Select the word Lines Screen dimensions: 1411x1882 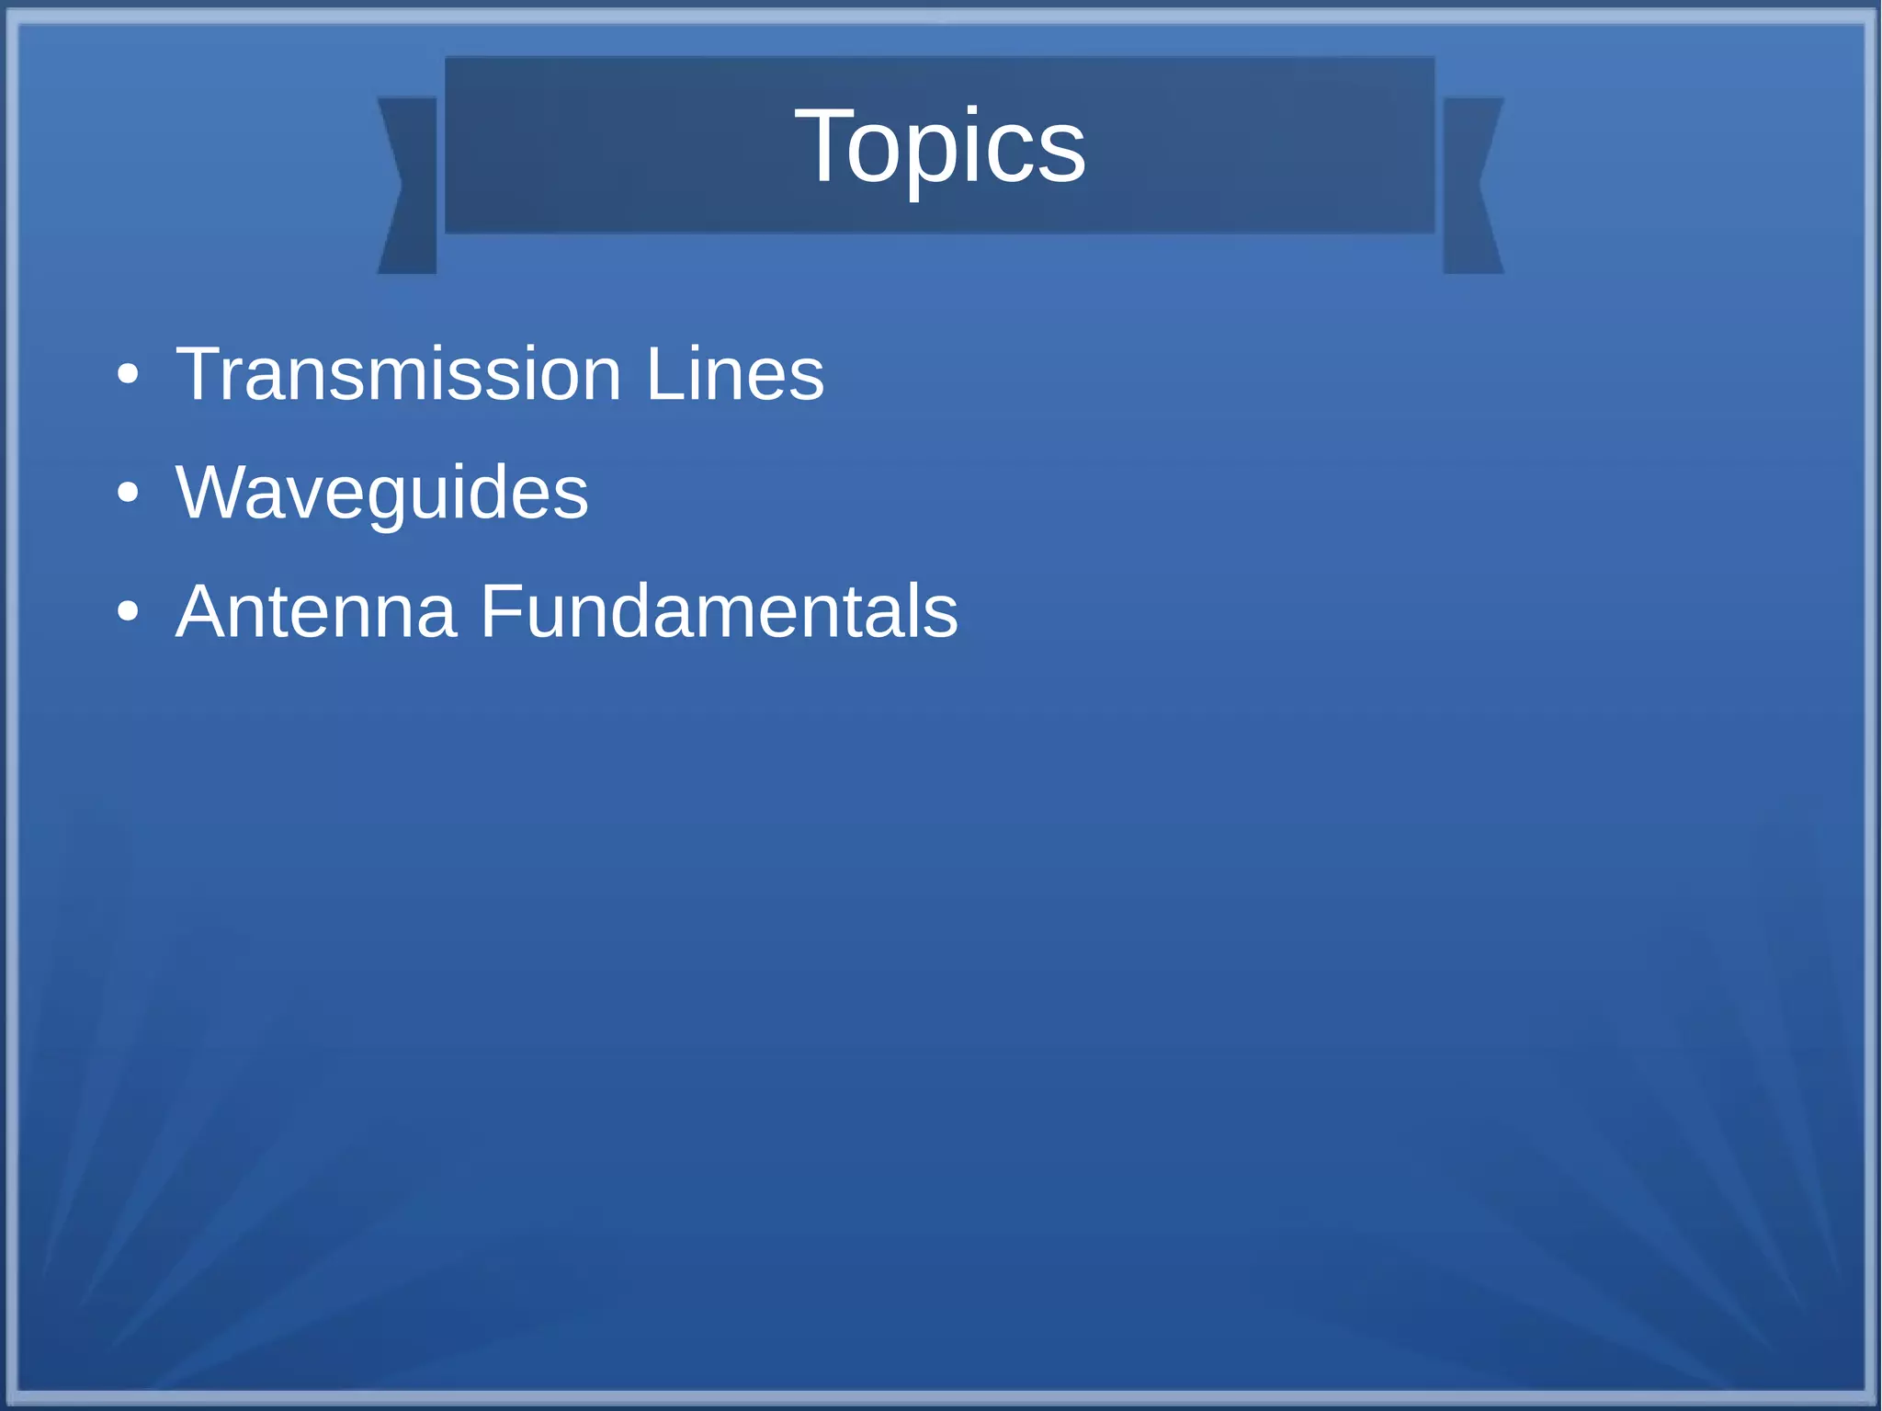click(734, 374)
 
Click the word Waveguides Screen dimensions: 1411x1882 click(381, 494)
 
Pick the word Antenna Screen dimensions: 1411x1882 click(316, 611)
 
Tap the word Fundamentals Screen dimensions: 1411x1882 click(719, 611)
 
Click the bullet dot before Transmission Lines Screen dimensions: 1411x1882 click(128, 375)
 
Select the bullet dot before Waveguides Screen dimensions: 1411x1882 click(128, 494)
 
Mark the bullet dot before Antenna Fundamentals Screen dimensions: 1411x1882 click(128, 612)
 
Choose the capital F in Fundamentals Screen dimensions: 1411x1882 click(499, 611)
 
